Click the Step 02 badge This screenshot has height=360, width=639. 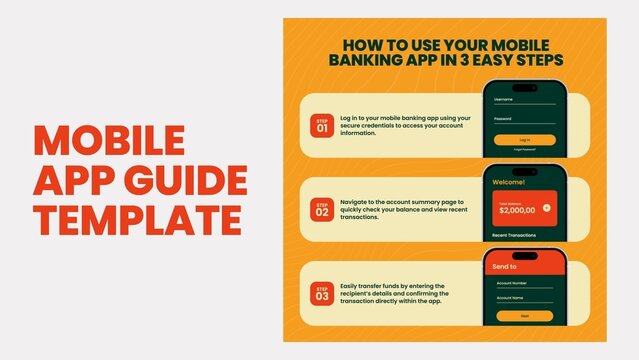322,209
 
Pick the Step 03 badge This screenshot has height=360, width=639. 322,293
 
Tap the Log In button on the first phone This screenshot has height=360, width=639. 525,139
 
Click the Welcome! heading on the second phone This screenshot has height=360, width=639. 511,183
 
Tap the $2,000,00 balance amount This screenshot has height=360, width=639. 516,211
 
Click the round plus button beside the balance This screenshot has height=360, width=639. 546,208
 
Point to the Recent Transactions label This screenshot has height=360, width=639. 515,236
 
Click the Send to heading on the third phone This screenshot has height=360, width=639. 506,267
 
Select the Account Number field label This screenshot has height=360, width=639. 512,283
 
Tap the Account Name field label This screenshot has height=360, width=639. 510,298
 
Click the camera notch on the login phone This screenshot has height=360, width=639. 525,85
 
